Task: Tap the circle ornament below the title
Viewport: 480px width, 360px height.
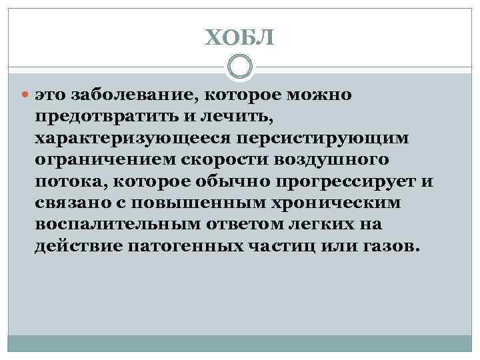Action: coord(239,67)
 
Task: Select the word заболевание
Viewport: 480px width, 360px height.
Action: coord(126,95)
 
